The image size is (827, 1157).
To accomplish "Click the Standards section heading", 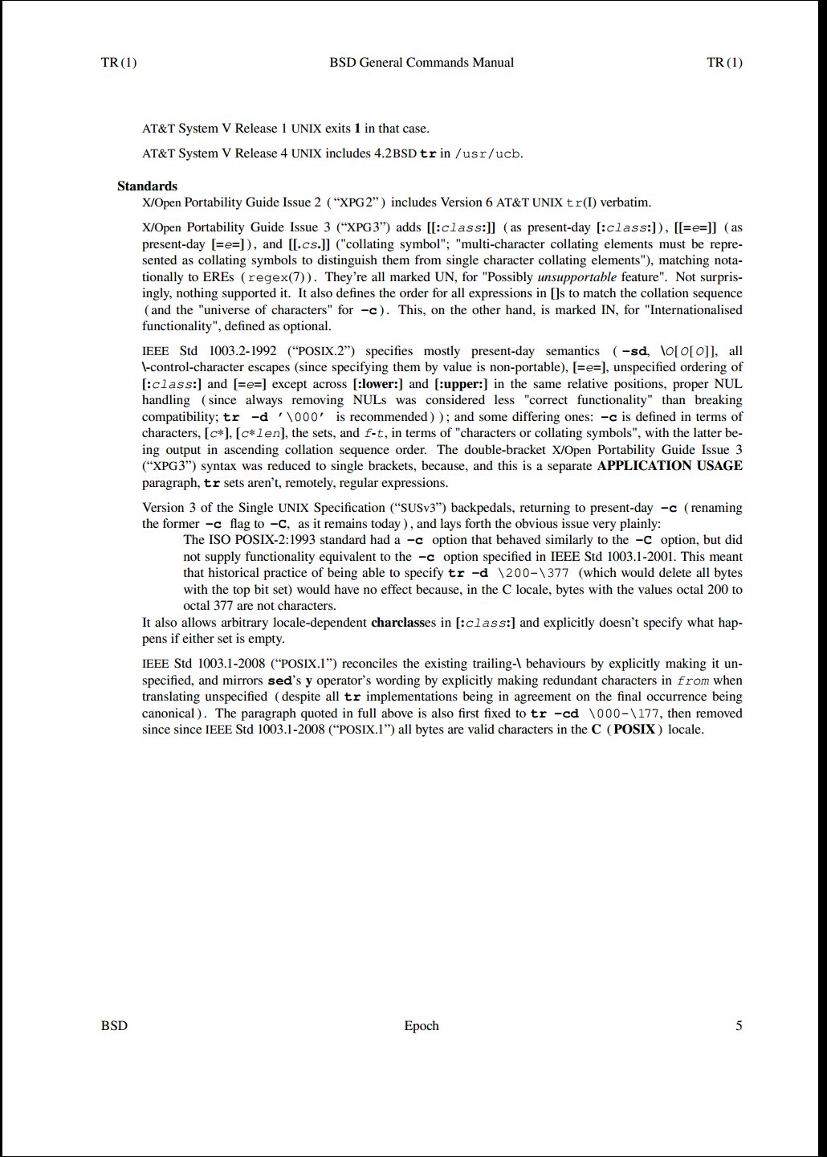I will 147,186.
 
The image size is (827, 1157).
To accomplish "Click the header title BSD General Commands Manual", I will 422,63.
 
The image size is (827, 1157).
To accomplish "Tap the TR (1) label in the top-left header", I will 119,63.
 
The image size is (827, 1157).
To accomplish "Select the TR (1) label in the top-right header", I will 724,63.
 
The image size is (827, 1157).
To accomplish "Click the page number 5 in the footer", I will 739,1026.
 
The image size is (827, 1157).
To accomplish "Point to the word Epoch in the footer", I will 422,1026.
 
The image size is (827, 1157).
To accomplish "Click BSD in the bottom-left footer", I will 114,1026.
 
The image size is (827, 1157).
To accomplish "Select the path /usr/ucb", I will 487,153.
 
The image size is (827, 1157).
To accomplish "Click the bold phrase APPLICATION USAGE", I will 670,466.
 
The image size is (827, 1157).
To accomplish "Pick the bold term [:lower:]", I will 379,384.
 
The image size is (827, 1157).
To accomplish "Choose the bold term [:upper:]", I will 461,384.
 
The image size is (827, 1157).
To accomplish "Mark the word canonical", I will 169,713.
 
